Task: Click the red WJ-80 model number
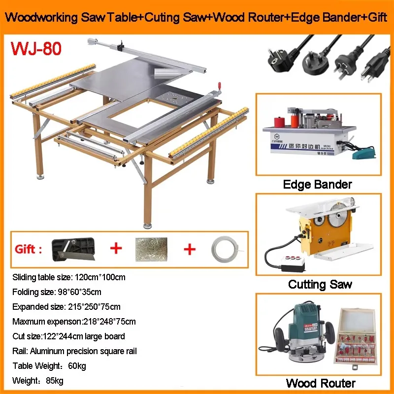[36, 48]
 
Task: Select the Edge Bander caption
[317, 184]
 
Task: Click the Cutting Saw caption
[320, 284]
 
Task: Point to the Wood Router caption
[321, 384]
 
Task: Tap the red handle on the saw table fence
[219, 86]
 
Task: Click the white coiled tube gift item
[225, 250]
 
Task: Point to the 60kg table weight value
[77, 366]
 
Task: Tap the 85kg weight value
[55, 381]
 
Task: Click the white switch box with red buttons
[293, 263]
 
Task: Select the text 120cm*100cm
[100, 277]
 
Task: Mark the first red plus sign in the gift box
[116, 248]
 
